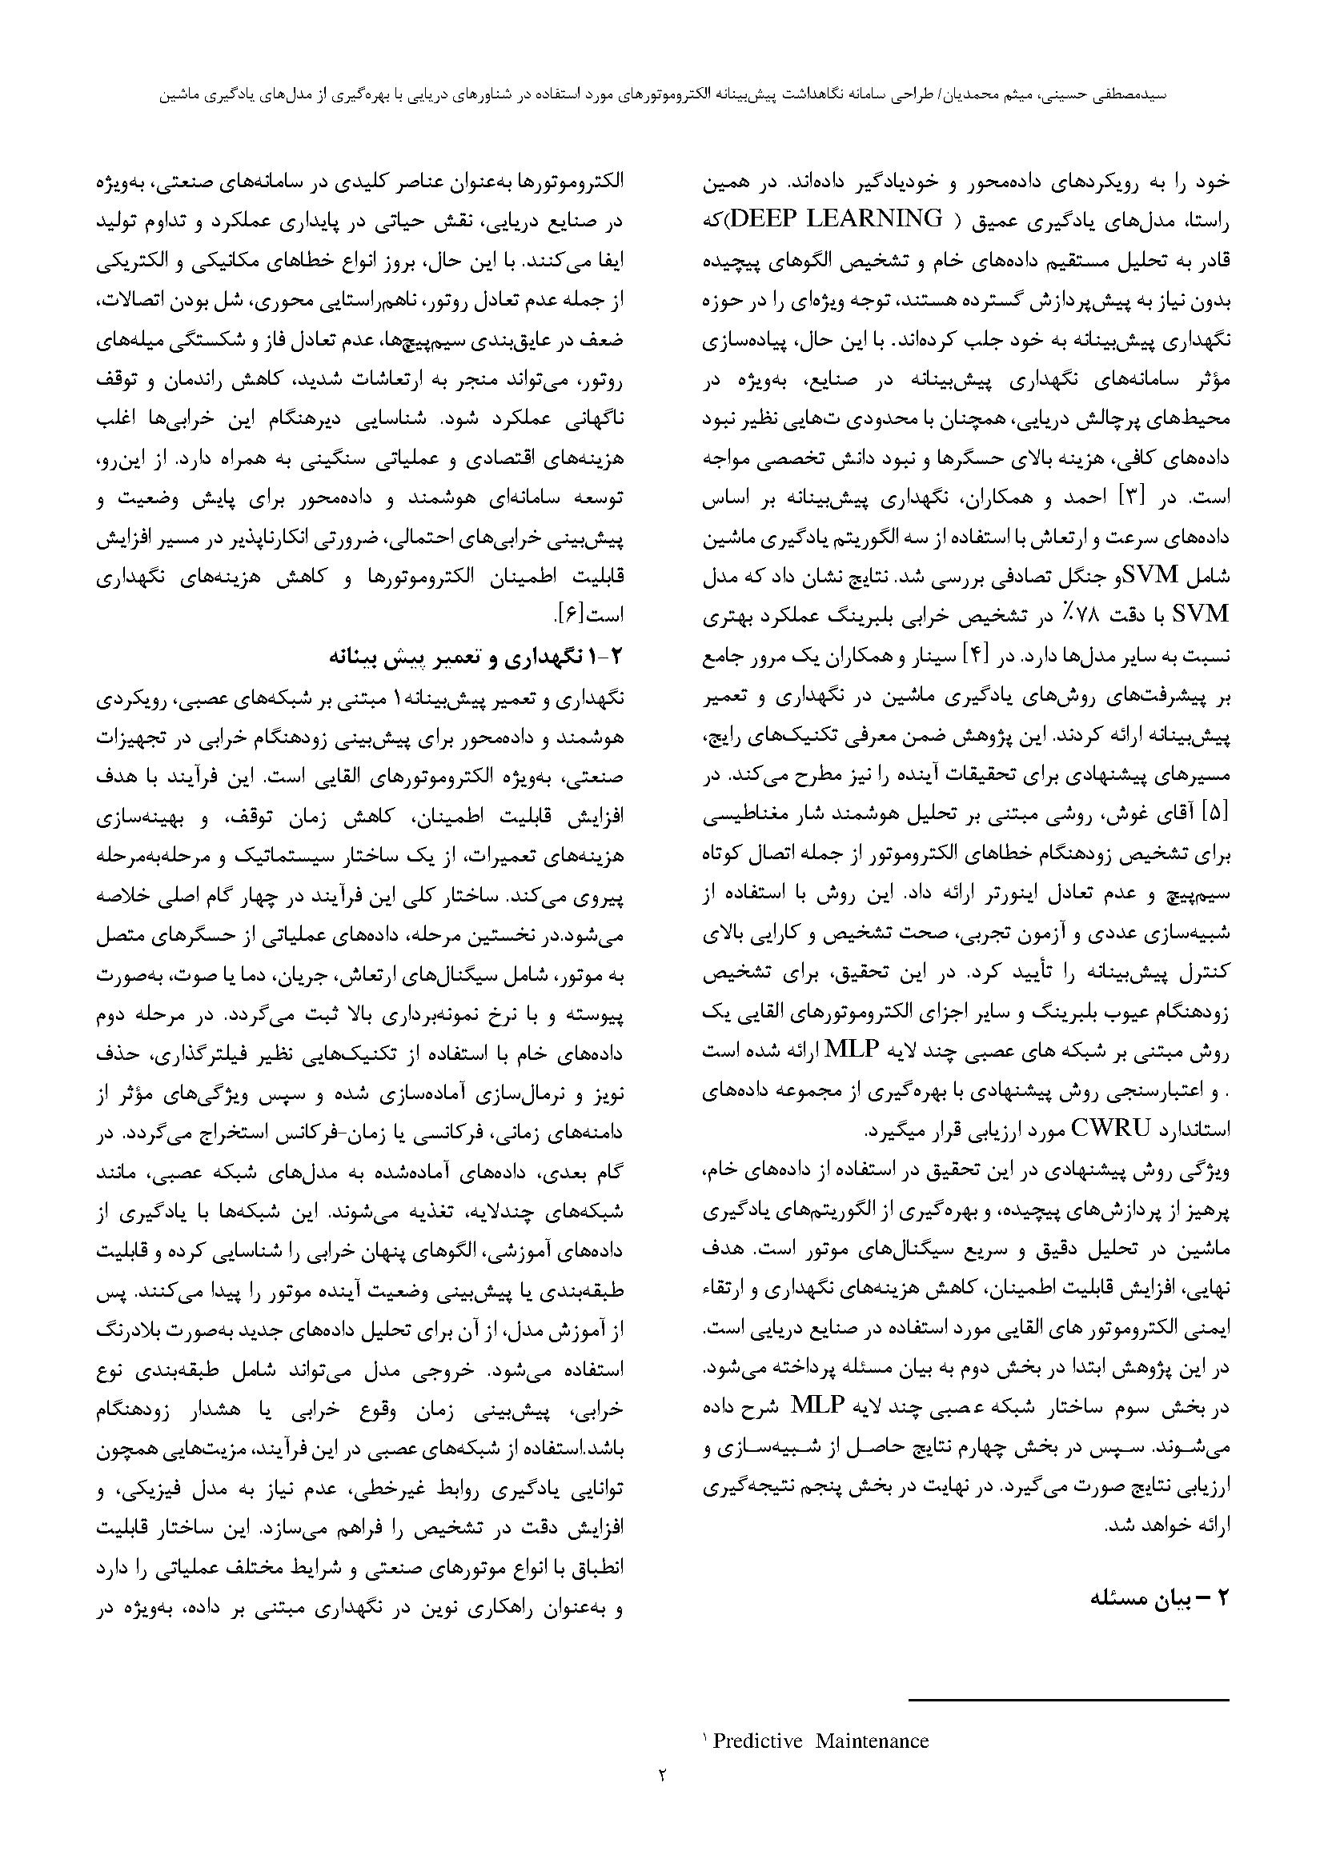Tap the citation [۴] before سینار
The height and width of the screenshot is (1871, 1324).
tap(974, 656)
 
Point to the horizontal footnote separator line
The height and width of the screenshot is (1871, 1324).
tap(1068, 1700)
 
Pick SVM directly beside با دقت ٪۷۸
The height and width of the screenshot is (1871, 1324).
tap(1199, 616)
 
